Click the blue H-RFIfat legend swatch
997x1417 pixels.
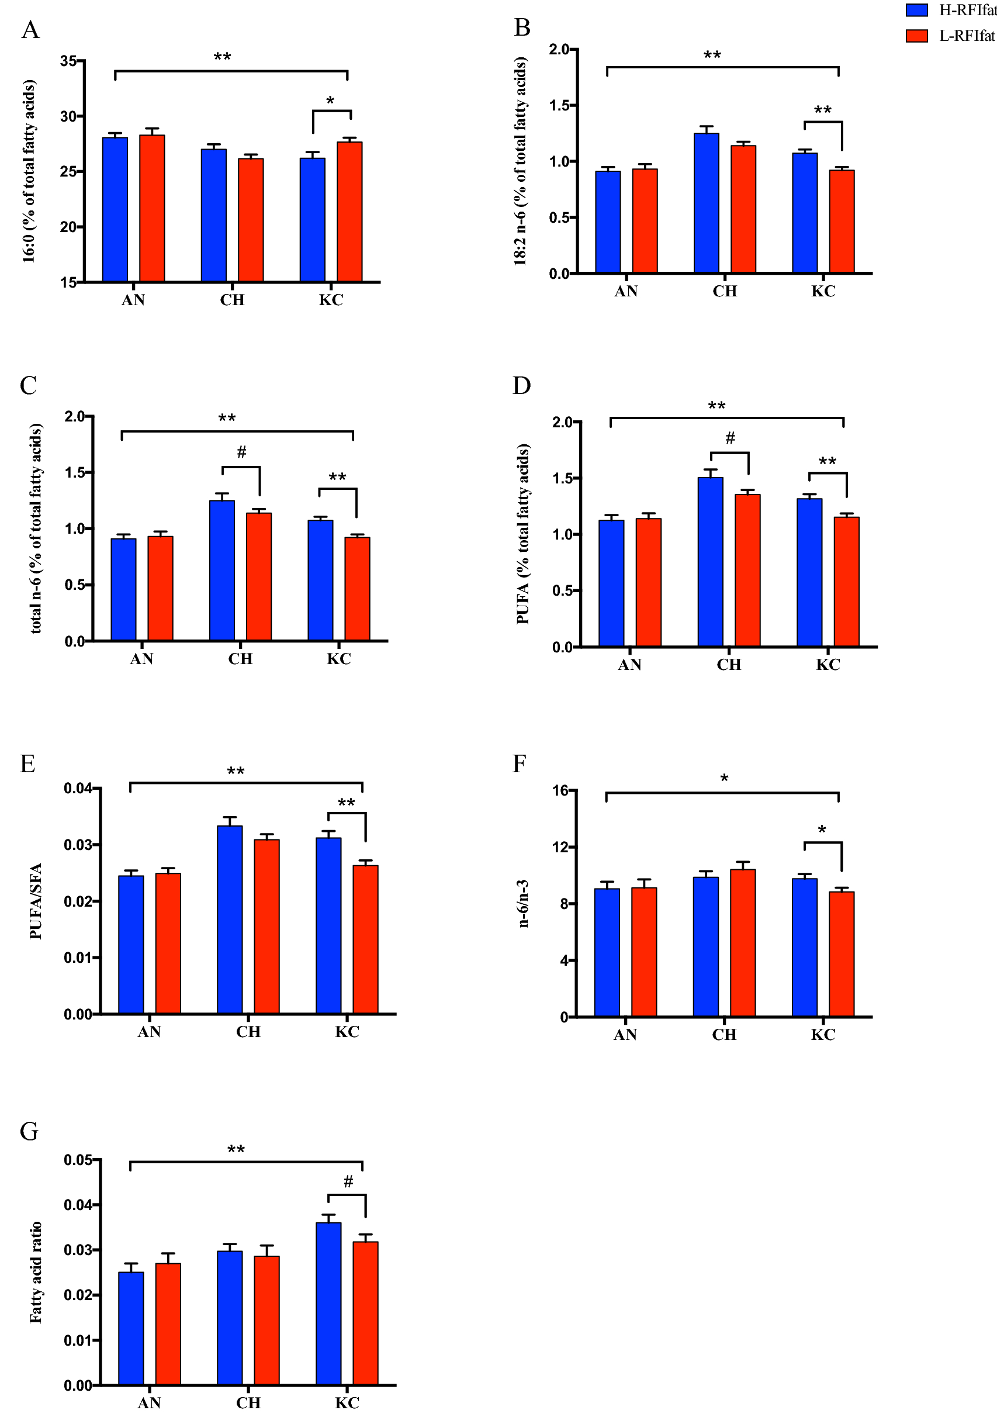[916, 10]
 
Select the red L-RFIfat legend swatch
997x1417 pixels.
[916, 36]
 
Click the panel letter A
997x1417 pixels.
[30, 30]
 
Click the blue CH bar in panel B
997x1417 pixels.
[706, 203]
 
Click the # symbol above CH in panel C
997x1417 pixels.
[242, 452]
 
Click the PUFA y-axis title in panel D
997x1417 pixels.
[522, 533]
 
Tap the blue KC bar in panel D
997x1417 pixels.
[809, 572]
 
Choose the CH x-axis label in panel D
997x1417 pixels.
[729, 665]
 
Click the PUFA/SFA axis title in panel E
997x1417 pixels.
[36, 901]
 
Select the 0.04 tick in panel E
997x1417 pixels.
[78, 788]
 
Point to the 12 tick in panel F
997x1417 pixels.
[561, 846]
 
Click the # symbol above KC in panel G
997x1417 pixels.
[348, 1181]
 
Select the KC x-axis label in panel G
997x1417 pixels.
[347, 1402]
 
